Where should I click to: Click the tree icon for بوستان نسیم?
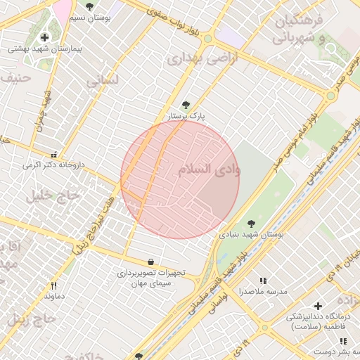(x=89, y=6)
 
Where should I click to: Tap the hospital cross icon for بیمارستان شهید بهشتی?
(x=45, y=37)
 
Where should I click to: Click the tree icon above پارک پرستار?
(x=186, y=104)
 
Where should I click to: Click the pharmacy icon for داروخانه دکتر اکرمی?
(x=53, y=154)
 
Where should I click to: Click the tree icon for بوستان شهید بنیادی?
(x=251, y=224)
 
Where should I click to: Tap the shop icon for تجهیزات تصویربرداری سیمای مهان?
(x=151, y=262)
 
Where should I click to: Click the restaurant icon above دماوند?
(x=53, y=285)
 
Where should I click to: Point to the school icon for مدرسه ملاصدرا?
(x=263, y=280)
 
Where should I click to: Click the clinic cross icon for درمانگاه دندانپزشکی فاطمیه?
(x=318, y=307)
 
